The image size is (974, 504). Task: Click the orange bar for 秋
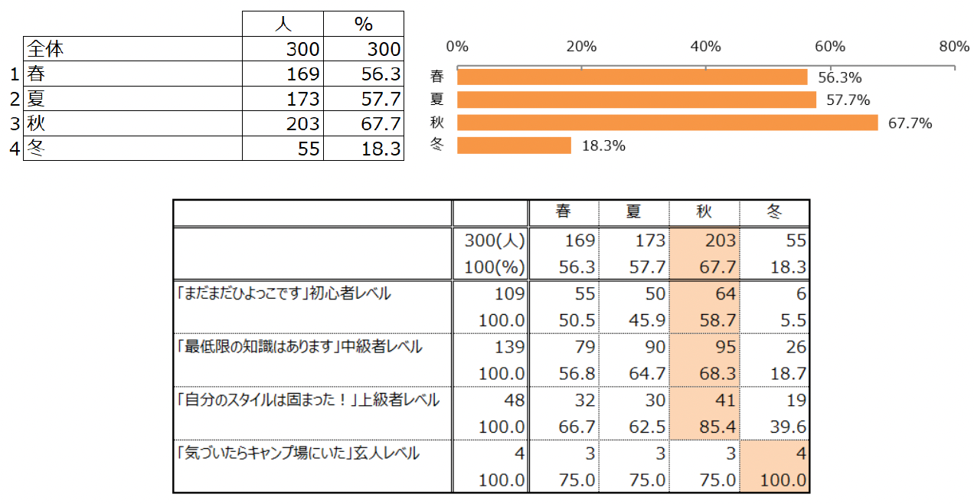[667, 123]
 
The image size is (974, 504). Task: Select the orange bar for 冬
[514, 146]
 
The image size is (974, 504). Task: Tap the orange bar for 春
[632, 77]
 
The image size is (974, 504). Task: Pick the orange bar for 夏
[636, 100]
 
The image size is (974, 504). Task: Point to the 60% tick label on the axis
[829, 47]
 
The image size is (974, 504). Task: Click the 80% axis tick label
[953, 47]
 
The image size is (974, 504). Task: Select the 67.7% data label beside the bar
[910, 123]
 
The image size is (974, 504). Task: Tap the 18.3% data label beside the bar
[603, 146]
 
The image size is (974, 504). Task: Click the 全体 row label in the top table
[45, 50]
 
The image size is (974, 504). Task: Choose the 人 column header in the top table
[283, 24]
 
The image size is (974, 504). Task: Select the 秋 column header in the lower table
[704, 212]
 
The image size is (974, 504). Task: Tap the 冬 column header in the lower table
[774, 212]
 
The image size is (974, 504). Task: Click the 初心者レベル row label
[283, 293]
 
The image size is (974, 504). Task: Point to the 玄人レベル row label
[298, 453]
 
